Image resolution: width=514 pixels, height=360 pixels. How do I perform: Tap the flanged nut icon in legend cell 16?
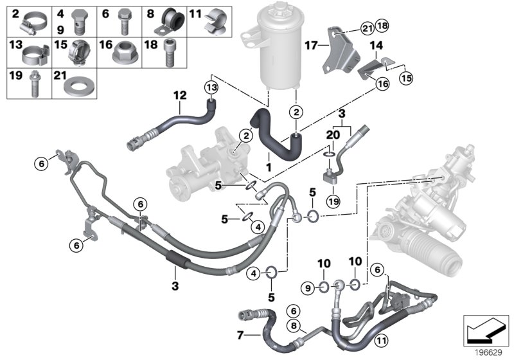tap(125, 55)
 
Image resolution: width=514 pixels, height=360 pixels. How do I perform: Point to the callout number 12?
tap(181, 95)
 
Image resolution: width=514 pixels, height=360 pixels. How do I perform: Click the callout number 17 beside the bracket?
tap(312, 46)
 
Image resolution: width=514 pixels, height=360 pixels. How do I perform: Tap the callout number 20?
tap(332, 136)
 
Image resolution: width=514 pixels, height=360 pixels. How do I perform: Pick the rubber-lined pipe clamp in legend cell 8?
tap(170, 23)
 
